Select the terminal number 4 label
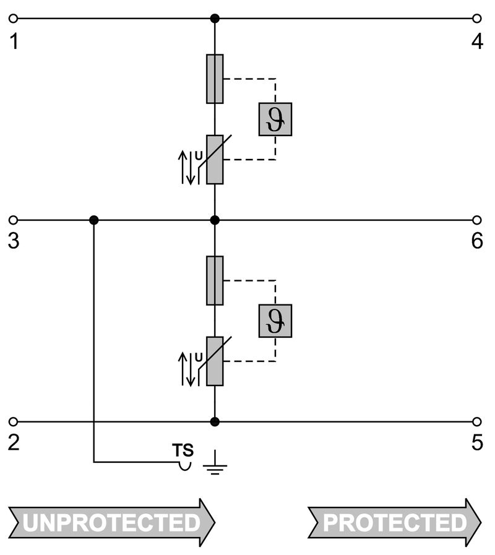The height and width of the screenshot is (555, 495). click(476, 41)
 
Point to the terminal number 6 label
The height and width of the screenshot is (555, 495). click(476, 241)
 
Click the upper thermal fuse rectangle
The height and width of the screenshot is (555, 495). click(215, 79)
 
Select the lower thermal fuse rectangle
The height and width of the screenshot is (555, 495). click(215, 280)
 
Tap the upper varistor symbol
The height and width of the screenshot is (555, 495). click(215, 159)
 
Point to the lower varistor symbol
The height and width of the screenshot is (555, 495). click(215, 361)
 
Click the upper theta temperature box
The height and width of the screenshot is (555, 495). click(275, 119)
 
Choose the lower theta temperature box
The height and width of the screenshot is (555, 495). click(275, 321)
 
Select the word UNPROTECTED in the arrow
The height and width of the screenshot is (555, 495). click(112, 523)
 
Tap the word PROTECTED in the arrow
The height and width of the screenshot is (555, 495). click(394, 523)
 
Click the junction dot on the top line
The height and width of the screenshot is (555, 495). click(215, 19)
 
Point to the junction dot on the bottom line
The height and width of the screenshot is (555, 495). click(215, 422)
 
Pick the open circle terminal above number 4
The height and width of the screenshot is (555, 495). click(476, 19)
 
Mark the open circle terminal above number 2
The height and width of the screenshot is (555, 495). click(14, 422)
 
